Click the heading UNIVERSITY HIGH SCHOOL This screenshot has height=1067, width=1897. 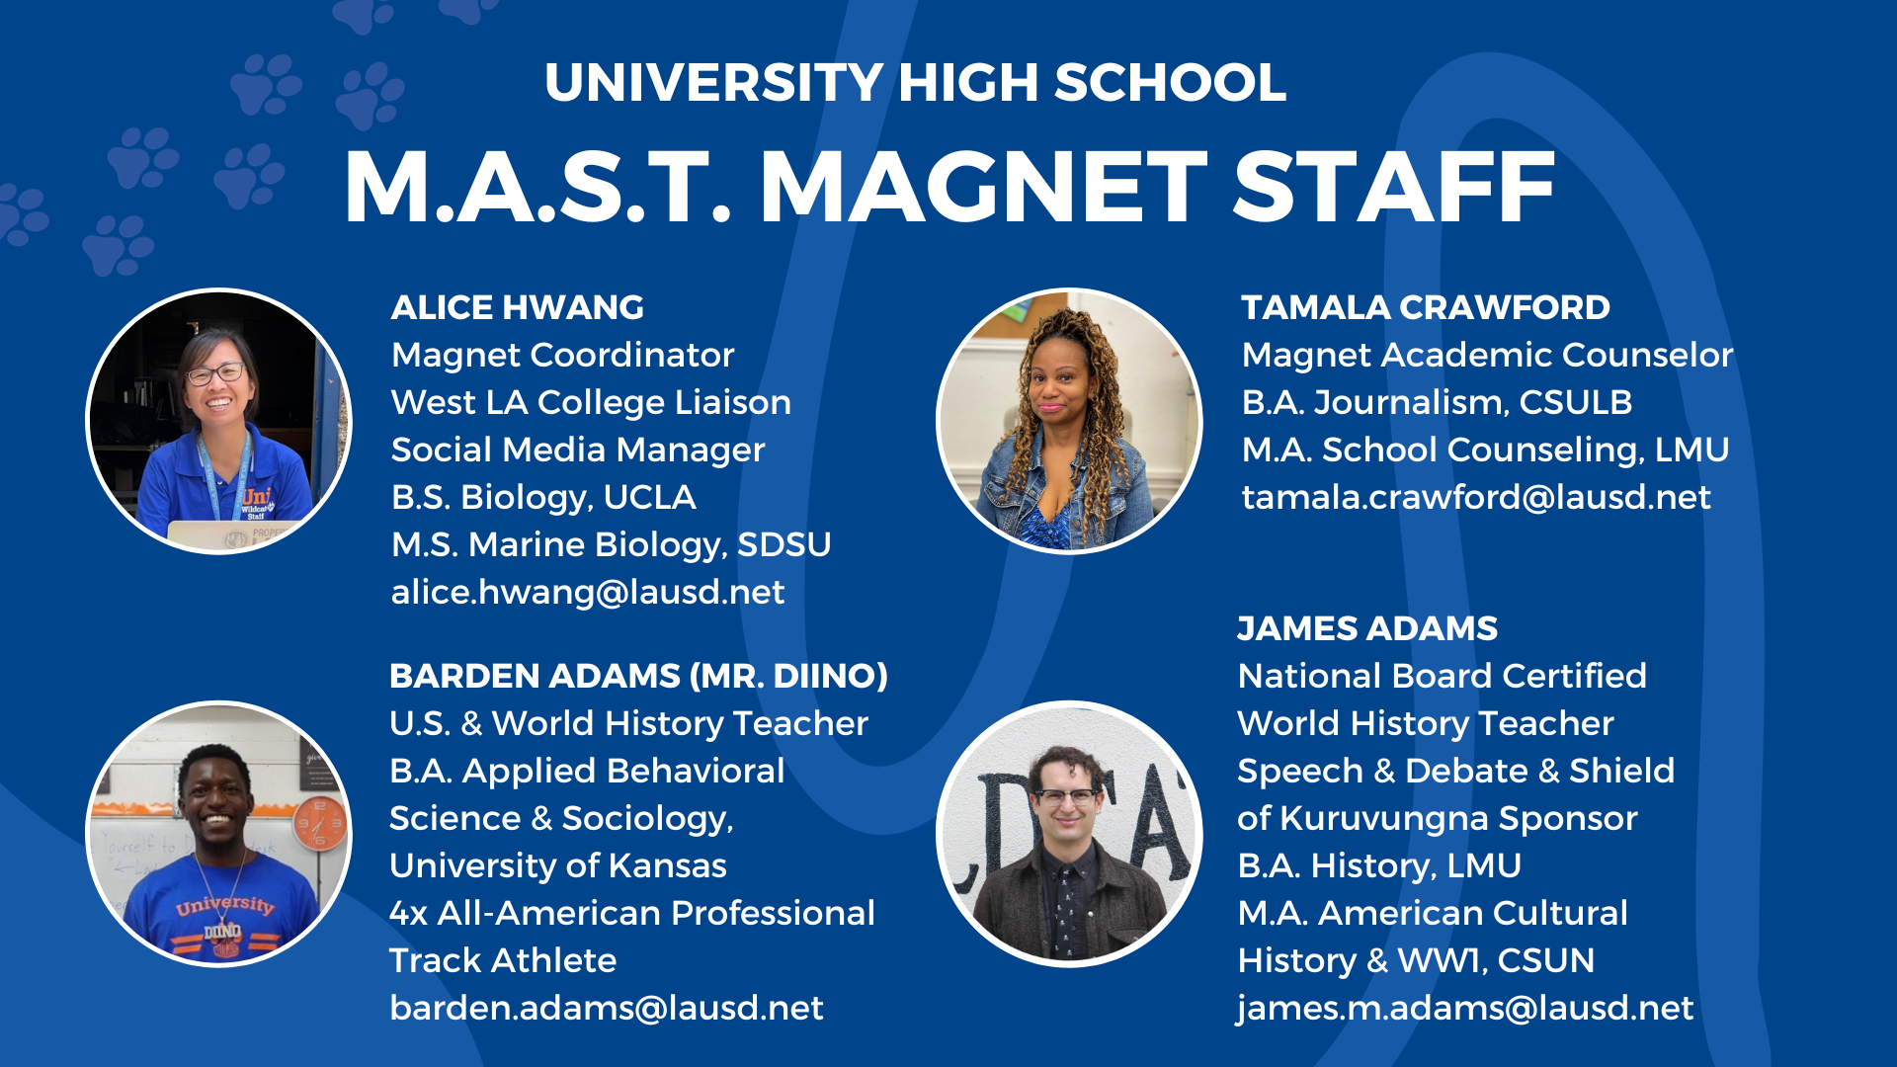click(x=915, y=83)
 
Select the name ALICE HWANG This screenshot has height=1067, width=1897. click(x=517, y=308)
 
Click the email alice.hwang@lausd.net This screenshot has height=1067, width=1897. click(x=588, y=593)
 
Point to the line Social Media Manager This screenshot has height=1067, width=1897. click(x=578, y=451)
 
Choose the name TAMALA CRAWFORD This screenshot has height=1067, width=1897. click(x=1425, y=308)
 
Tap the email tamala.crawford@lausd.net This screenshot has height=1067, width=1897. click(x=1476, y=498)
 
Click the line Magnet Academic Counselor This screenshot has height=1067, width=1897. click(x=1487, y=356)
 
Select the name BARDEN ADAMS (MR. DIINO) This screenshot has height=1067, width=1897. click(x=638, y=677)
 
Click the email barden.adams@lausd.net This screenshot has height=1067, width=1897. click(x=606, y=1009)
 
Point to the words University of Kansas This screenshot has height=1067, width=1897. click(x=558, y=866)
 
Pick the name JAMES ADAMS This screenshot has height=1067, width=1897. click(x=1367, y=629)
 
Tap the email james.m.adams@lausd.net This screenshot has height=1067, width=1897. click(x=1465, y=1009)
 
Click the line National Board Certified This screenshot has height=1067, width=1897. click(x=1442, y=677)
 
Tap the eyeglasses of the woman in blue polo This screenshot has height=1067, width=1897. click(x=215, y=374)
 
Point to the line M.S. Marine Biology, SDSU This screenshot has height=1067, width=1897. click(x=611, y=545)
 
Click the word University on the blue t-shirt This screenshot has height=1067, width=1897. click(x=224, y=904)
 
